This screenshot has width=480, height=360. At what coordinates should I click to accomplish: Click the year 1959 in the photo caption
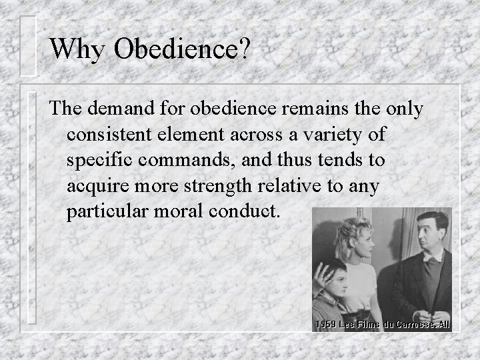tap(326, 325)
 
